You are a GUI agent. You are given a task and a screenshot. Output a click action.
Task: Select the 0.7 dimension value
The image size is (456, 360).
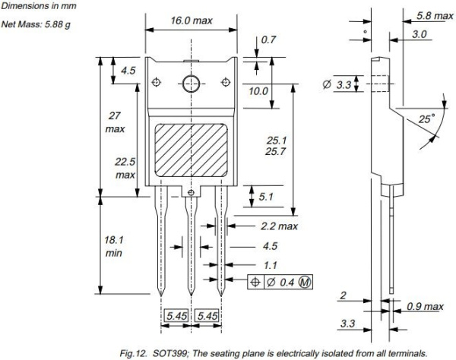point(268,39)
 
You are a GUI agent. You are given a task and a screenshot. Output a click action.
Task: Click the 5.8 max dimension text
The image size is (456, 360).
point(433,15)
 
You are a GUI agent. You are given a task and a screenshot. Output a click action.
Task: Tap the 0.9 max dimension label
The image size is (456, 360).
point(425,306)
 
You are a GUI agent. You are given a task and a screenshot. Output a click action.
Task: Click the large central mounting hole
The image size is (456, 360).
point(190,83)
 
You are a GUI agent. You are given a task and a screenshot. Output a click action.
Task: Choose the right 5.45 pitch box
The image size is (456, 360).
point(208,315)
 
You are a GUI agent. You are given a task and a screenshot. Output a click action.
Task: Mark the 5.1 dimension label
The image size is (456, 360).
point(266,197)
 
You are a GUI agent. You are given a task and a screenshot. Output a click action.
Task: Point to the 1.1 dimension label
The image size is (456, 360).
point(269,266)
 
